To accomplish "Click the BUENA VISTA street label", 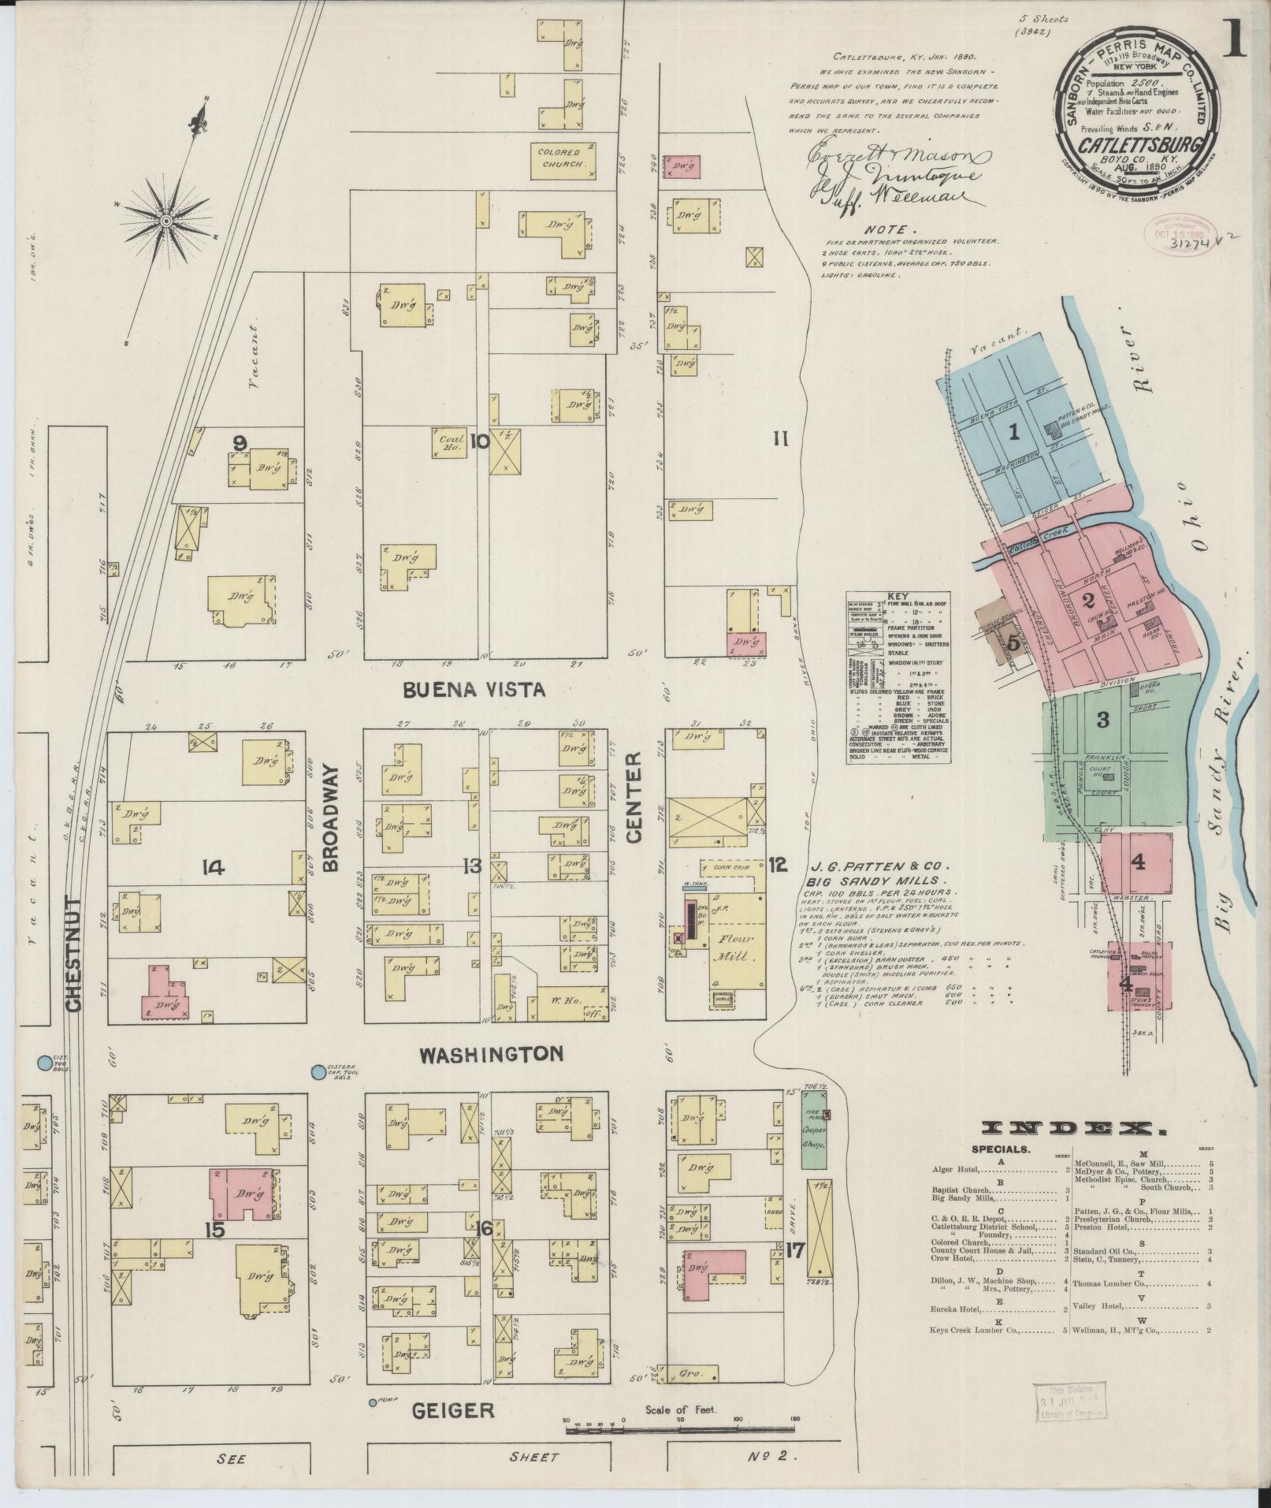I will tap(474, 690).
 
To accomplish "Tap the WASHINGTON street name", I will tap(490, 1054).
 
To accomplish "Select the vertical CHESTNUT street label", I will tap(74, 953).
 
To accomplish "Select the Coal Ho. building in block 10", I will tap(448, 442).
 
